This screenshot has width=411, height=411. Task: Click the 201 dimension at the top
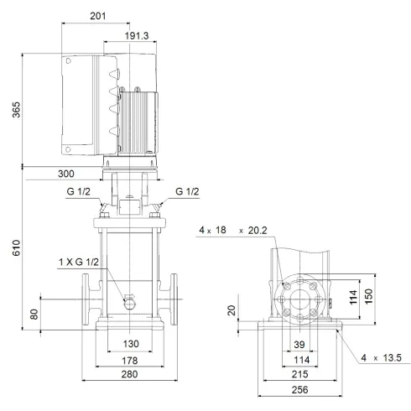122,16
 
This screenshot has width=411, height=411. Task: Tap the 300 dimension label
66,174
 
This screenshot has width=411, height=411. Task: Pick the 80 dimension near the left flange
34,315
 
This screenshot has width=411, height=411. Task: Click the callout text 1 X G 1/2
78,264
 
